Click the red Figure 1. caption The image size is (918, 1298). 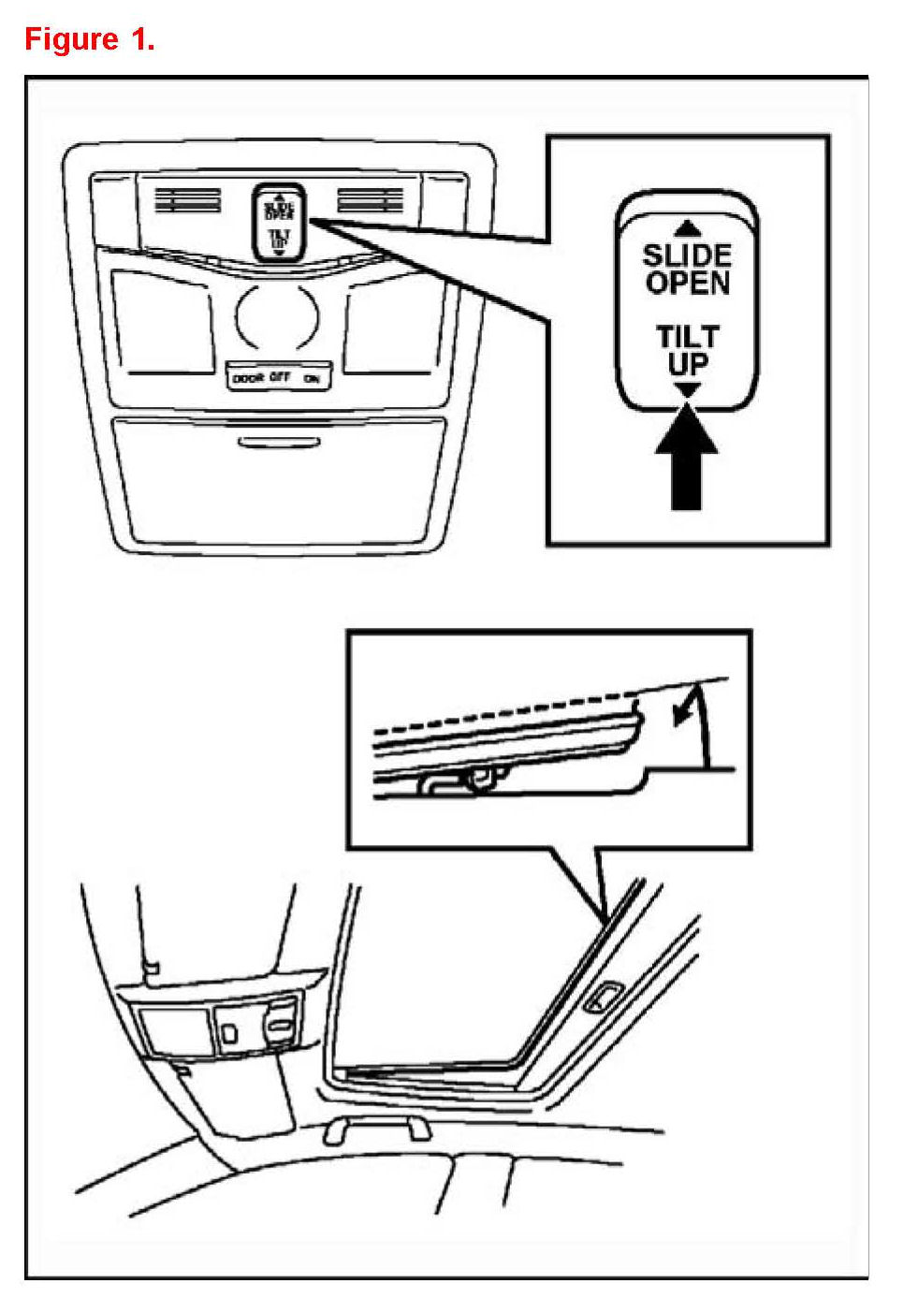pyautogui.click(x=89, y=39)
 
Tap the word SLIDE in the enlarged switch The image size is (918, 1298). pyautogui.click(x=687, y=255)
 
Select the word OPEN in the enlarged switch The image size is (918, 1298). pyautogui.click(x=687, y=283)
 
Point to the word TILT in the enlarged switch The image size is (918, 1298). pyautogui.click(x=687, y=336)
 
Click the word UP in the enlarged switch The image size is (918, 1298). pyautogui.click(x=687, y=363)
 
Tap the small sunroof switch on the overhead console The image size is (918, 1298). pyautogui.click(x=279, y=221)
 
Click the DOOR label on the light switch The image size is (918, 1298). pyautogui.click(x=247, y=377)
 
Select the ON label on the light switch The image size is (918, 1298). pyautogui.click(x=312, y=377)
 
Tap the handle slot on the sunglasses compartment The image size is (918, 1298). pyautogui.click(x=278, y=442)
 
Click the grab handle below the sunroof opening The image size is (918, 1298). pyautogui.click(x=376, y=1130)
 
